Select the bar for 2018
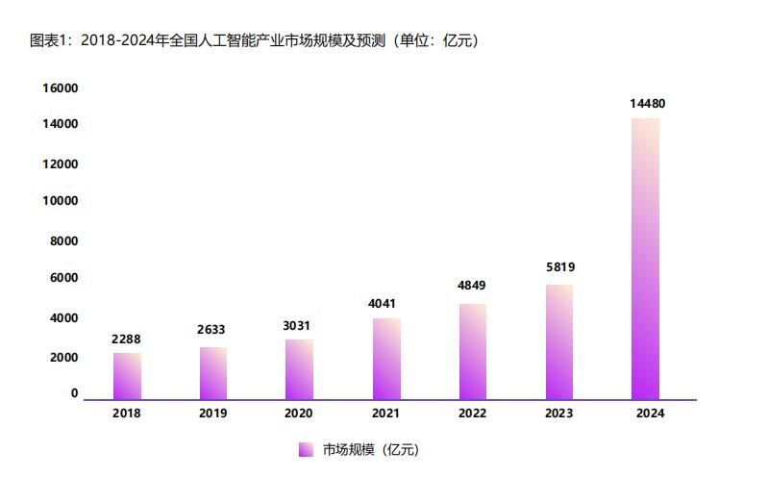[x=127, y=376]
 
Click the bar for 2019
[x=213, y=373]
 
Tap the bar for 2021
[x=386, y=359]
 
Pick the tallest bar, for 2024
[x=645, y=259]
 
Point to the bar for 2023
[x=558, y=341]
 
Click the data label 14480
[x=646, y=104]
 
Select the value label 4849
[x=473, y=286]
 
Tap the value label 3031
[x=300, y=325]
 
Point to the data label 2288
[x=127, y=339]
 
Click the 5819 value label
[x=558, y=267]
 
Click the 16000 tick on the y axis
[x=60, y=88]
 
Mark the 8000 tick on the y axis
[x=64, y=240]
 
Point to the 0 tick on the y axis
[x=74, y=393]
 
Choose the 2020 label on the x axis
[x=300, y=414]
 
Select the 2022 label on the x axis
[x=473, y=414]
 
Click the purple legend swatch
[x=306, y=449]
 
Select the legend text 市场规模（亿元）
[x=370, y=449]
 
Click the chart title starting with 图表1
[x=255, y=40]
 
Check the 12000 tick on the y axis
[x=60, y=163]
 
